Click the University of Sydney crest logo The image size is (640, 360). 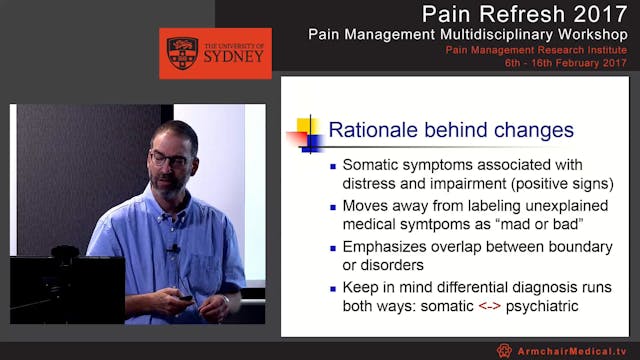click(182, 53)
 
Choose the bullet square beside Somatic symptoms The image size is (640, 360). click(333, 166)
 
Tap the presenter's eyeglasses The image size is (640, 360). click(170, 157)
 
